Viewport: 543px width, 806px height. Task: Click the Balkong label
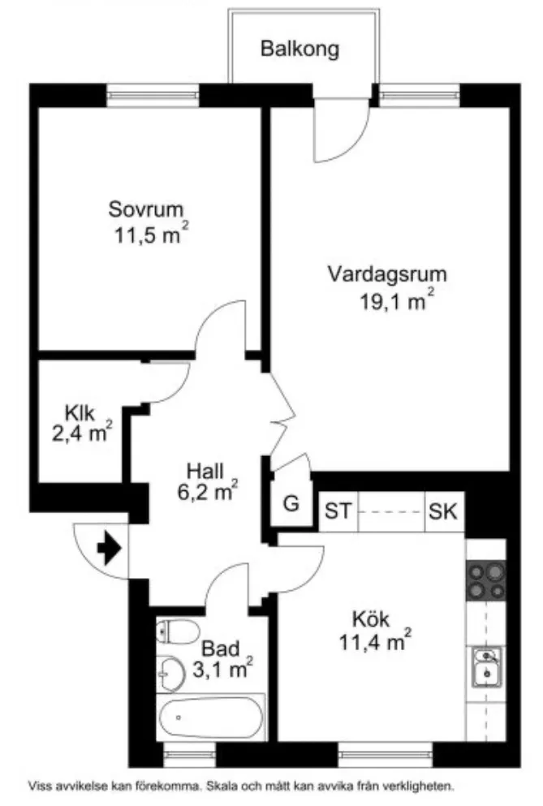[x=300, y=49]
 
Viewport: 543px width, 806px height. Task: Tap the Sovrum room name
[x=146, y=209]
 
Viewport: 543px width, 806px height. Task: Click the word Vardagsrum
[x=387, y=274]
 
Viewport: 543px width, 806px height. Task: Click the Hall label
[x=205, y=471]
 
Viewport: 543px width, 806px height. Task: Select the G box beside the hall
[x=291, y=503]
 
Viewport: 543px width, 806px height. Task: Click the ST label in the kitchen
[x=338, y=512]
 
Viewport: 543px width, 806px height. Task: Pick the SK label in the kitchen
[x=443, y=512]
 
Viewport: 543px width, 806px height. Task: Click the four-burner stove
[x=485, y=580]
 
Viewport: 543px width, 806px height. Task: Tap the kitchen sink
[x=485, y=667]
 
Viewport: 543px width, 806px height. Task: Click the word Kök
[x=371, y=619]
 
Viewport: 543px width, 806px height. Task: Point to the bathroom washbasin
[x=172, y=671]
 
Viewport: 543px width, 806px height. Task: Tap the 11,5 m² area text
[x=152, y=236]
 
